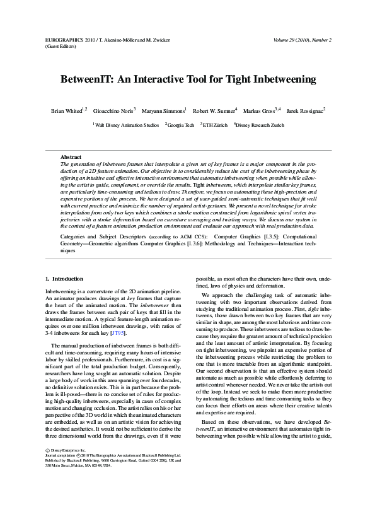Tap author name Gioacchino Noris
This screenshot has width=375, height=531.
coord(112,110)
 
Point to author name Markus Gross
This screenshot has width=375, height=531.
coord(260,110)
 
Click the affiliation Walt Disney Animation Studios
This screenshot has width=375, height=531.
coord(127,125)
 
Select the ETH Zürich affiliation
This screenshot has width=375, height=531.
coord(215,125)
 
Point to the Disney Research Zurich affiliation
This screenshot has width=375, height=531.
coord(259,125)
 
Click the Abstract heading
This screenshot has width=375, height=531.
coord(71,156)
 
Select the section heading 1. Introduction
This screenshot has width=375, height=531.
coord(64,278)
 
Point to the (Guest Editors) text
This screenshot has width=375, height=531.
coord(61,46)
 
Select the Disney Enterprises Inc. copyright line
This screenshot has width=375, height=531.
coord(69,450)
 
